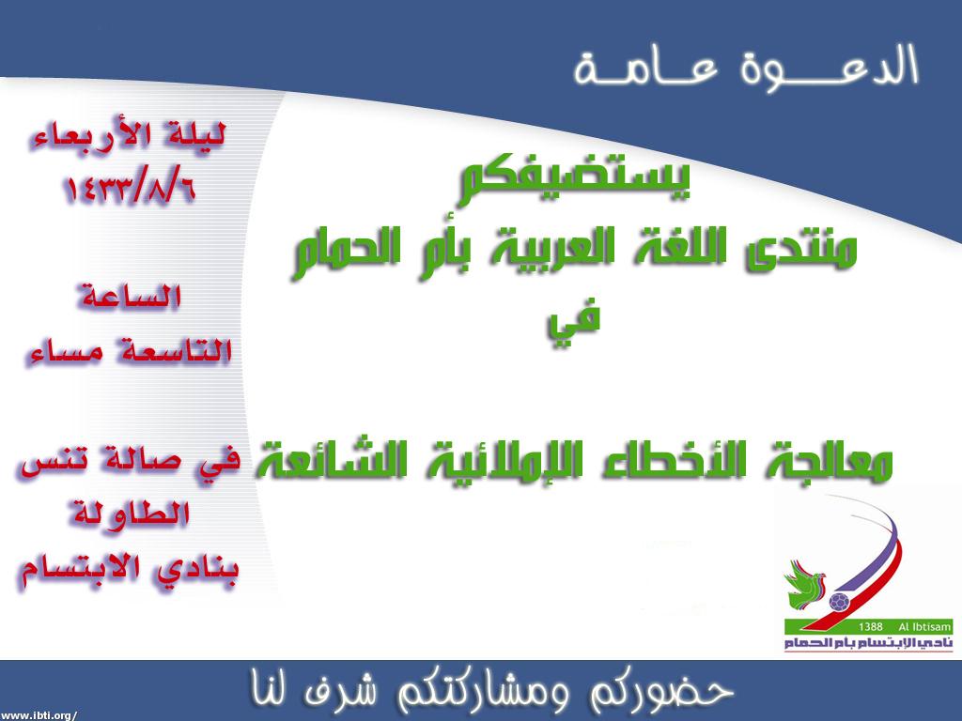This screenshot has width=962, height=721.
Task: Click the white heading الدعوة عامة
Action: [746, 68]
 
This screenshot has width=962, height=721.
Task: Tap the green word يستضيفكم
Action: [576, 181]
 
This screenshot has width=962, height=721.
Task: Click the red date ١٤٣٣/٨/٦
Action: [130, 188]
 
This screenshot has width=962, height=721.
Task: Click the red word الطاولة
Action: [128, 514]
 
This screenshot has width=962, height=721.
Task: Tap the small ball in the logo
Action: [839, 602]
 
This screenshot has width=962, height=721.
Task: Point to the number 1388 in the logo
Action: [871, 626]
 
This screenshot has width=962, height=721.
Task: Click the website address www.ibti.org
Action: [38, 714]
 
